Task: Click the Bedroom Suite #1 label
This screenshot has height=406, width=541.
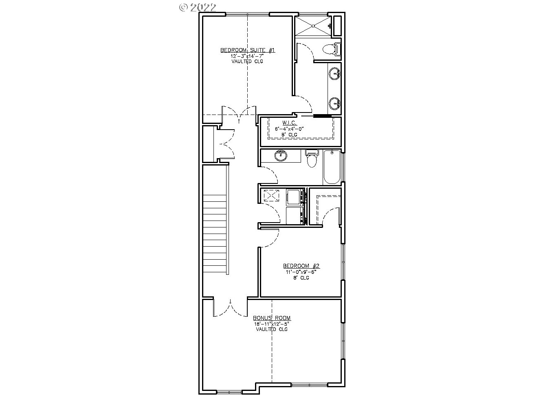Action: [248, 50]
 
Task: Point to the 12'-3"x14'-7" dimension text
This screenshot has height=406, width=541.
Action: [248, 56]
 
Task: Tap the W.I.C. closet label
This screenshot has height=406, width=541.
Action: [290, 123]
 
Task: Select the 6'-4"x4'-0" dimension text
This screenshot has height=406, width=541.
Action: [290, 129]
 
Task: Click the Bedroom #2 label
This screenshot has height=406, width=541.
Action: [302, 266]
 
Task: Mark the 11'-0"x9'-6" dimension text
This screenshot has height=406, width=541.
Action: [302, 272]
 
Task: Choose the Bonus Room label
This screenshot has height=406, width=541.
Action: [272, 318]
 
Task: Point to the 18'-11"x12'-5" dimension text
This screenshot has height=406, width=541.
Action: [272, 324]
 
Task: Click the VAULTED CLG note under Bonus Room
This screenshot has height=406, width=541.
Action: [272, 329]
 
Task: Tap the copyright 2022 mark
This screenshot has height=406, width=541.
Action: [198, 7]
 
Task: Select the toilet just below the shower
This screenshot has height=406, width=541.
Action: [330, 49]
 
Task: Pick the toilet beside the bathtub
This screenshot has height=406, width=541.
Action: [312, 159]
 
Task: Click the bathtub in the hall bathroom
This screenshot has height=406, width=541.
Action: [332, 167]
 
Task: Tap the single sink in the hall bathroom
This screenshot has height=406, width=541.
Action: [280, 156]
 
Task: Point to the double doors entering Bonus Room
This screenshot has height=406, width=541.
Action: [230, 308]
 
